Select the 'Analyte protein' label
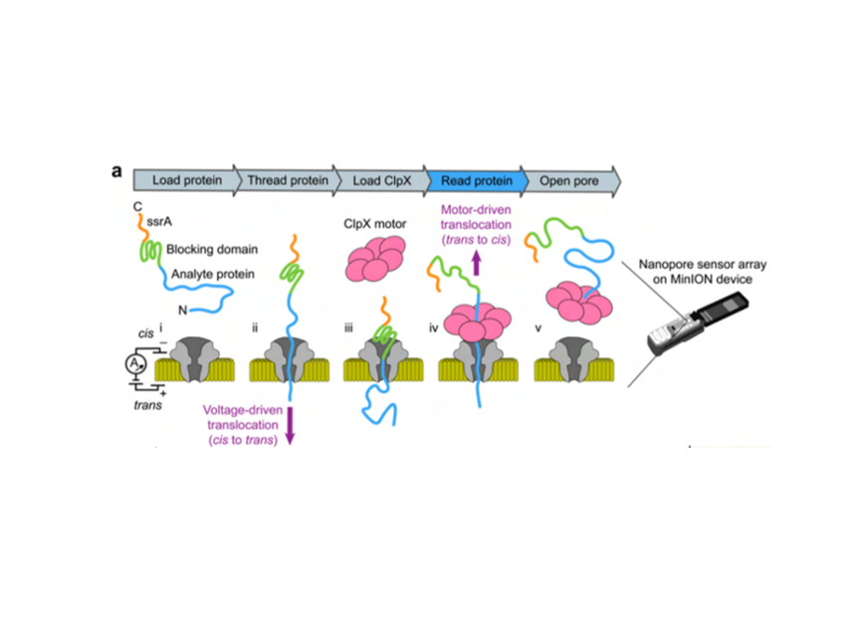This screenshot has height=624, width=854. (x=210, y=274)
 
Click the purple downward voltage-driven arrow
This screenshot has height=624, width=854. (x=290, y=426)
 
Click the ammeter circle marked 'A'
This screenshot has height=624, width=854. (x=132, y=365)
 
